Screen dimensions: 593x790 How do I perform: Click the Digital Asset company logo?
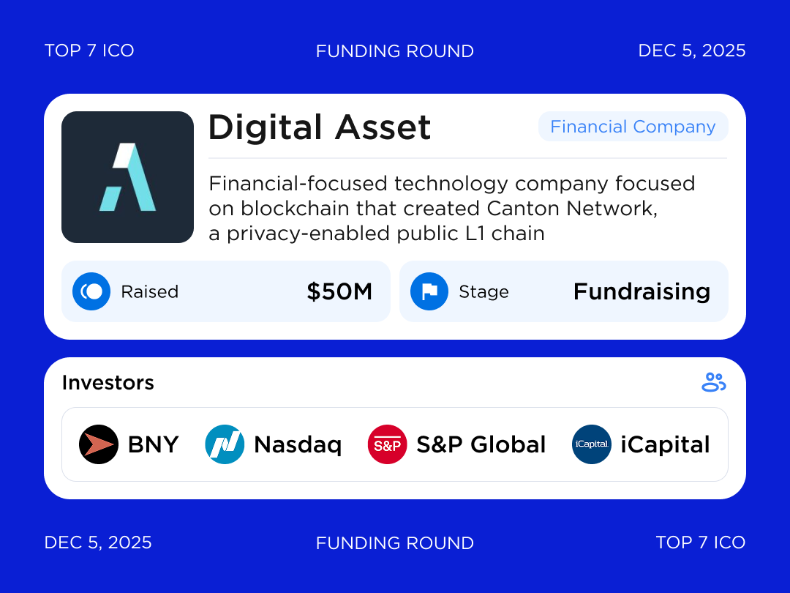pyautogui.click(x=127, y=177)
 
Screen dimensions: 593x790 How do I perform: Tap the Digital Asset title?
pyautogui.click(x=320, y=127)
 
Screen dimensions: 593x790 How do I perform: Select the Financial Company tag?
pyautogui.click(x=633, y=127)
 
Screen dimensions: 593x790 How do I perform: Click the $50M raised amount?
pyautogui.click(x=339, y=291)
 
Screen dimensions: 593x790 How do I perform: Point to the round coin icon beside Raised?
pyautogui.click(x=91, y=291)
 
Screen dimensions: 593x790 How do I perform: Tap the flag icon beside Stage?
pyautogui.click(x=429, y=291)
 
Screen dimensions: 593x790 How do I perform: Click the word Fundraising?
pyautogui.click(x=642, y=291)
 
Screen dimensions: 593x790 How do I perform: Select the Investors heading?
pyautogui.click(x=108, y=383)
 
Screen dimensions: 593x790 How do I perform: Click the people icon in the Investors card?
pyautogui.click(x=713, y=382)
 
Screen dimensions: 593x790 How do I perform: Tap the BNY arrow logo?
pyautogui.click(x=99, y=444)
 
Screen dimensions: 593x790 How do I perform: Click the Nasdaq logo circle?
pyautogui.click(x=225, y=444)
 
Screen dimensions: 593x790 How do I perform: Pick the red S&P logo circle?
pyautogui.click(x=387, y=444)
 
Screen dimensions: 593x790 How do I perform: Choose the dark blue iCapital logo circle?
pyautogui.click(x=591, y=444)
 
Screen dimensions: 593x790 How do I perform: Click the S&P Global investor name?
pyautogui.click(x=481, y=444)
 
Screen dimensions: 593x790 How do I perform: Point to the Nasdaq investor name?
pyautogui.click(x=298, y=444)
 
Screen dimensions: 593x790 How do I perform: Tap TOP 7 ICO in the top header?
pyautogui.click(x=89, y=51)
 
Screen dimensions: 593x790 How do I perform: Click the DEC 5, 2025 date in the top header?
pyautogui.click(x=691, y=51)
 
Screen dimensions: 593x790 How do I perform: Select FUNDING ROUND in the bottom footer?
pyautogui.click(x=395, y=543)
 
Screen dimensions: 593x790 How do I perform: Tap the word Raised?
pyautogui.click(x=150, y=291)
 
